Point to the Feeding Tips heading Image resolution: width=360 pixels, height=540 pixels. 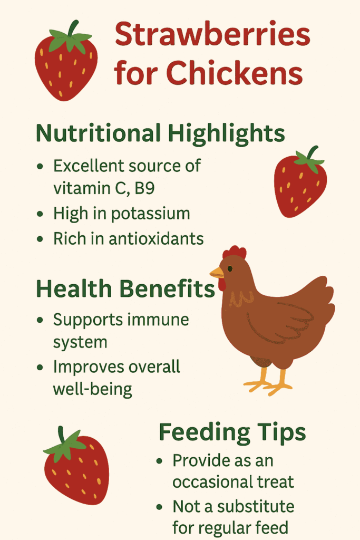(x=232, y=432)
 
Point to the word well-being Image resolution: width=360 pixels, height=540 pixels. (x=92, y=389)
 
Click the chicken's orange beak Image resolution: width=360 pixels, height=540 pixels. (x=216, y=273)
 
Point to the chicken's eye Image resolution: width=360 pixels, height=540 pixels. (x=230, y=269)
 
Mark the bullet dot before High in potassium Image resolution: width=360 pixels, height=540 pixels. (x=41, y=214)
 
